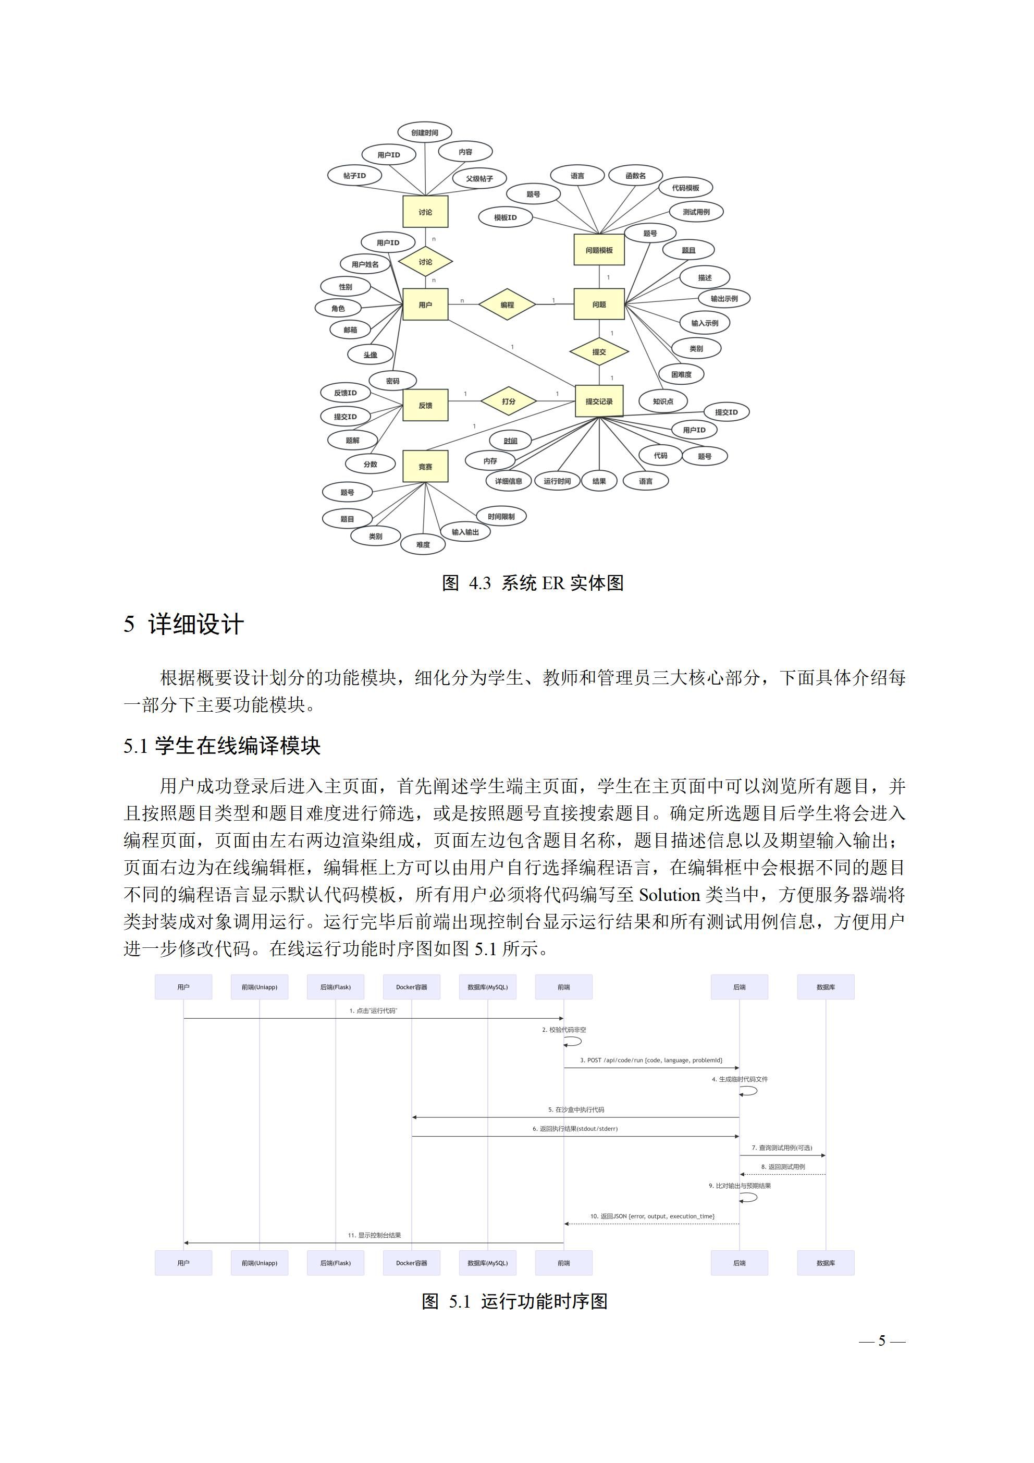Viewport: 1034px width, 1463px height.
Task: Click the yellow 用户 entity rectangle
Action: click(425, 304)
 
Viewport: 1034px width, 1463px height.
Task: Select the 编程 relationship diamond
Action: click(507, 304)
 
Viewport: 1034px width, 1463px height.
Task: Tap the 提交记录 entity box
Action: click(599, 401)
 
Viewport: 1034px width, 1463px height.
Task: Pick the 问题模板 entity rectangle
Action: click(599, 250)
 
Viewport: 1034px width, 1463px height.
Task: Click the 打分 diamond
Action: click(508, 401)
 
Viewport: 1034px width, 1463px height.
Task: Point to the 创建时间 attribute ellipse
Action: click(424, 132)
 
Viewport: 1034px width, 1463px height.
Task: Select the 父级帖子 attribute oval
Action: click(479, 178)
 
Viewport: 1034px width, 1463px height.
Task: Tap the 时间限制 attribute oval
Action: click(501, 516)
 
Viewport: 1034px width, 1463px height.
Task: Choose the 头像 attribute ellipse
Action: click(370, 355)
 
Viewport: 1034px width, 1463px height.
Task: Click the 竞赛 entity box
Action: click(425, 467)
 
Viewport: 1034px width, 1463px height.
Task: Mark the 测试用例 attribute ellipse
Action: click(696, 212)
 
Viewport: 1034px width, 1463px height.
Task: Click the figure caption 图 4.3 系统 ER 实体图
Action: click(533, 582)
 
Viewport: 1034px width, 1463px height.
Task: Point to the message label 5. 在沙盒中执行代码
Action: click(576, 1110)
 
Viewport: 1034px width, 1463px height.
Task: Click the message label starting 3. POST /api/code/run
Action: click(650, 1060)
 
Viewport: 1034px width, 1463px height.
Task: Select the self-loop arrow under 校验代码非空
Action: click(573, 1041)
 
